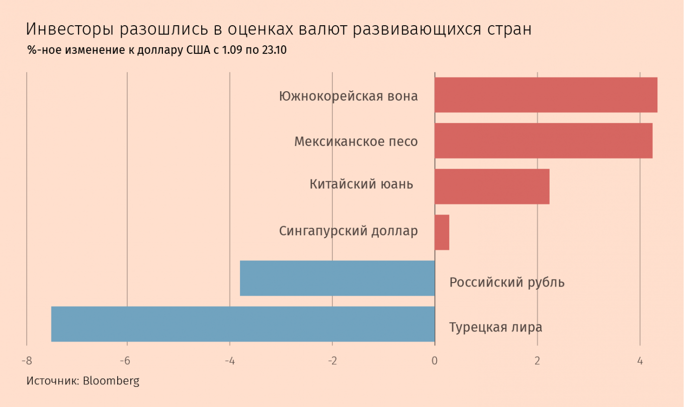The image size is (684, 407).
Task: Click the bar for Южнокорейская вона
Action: (x=546, y=95)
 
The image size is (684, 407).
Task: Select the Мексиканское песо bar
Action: (x=543, y=141)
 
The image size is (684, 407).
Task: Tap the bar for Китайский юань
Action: (x=492, y=186)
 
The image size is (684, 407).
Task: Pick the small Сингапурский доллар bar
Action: (x=442, y=232)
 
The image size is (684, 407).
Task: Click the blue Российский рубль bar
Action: (x=337, y=278)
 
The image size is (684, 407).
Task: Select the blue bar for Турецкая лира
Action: (x=243, y=324)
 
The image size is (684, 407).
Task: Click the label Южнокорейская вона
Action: (x=348, y=96)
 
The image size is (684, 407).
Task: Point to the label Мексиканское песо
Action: (x=356, y=142)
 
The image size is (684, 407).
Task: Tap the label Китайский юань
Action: (x=361, y=184)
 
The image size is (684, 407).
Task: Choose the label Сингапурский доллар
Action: (x=348, y=231)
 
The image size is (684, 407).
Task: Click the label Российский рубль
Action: (x=506, y=282)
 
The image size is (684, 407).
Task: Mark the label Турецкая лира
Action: (x=495, y=327)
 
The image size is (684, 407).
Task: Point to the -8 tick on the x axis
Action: (x=27, y=361)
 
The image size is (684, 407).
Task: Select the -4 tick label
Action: (x=229, y=361)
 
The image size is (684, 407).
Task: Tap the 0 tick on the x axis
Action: (x=435, y=361)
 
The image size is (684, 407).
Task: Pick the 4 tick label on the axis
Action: (x=640, y=361)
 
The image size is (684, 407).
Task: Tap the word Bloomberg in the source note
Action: (x=111, y=381)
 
